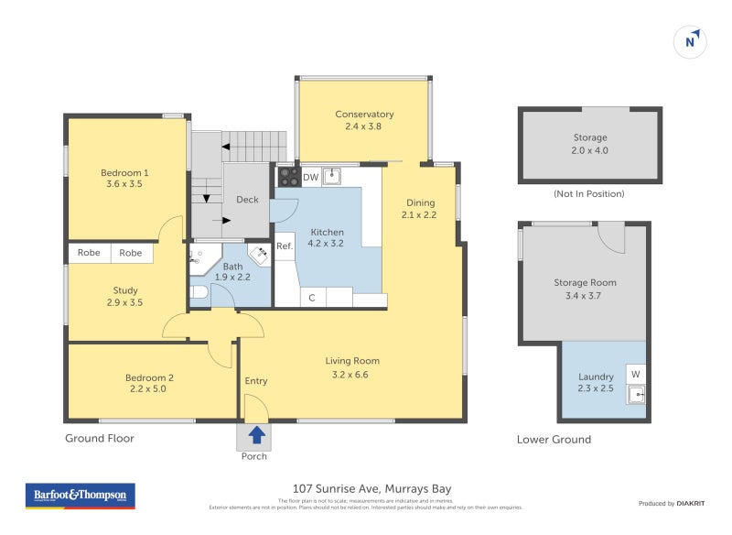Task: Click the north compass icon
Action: pos(692,40)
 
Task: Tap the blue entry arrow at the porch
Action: pos(257,434)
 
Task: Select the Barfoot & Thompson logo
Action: pos(80,496)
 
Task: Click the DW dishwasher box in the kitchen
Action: pos(311,177)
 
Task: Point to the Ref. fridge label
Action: pos(285,246)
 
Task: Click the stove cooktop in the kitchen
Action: pos(287,176)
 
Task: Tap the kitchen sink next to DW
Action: pos(334,176)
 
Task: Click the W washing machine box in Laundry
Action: pos(635,373)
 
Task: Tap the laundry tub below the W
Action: pos(635,396)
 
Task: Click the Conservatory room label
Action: pos(364,115)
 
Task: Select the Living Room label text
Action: pos(352,361)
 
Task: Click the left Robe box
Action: pos(89,253)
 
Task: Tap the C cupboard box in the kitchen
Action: pos(312,298)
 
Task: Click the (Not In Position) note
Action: pos(589,194)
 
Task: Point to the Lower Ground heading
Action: pos(554,440)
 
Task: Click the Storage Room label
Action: pos(585,283)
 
